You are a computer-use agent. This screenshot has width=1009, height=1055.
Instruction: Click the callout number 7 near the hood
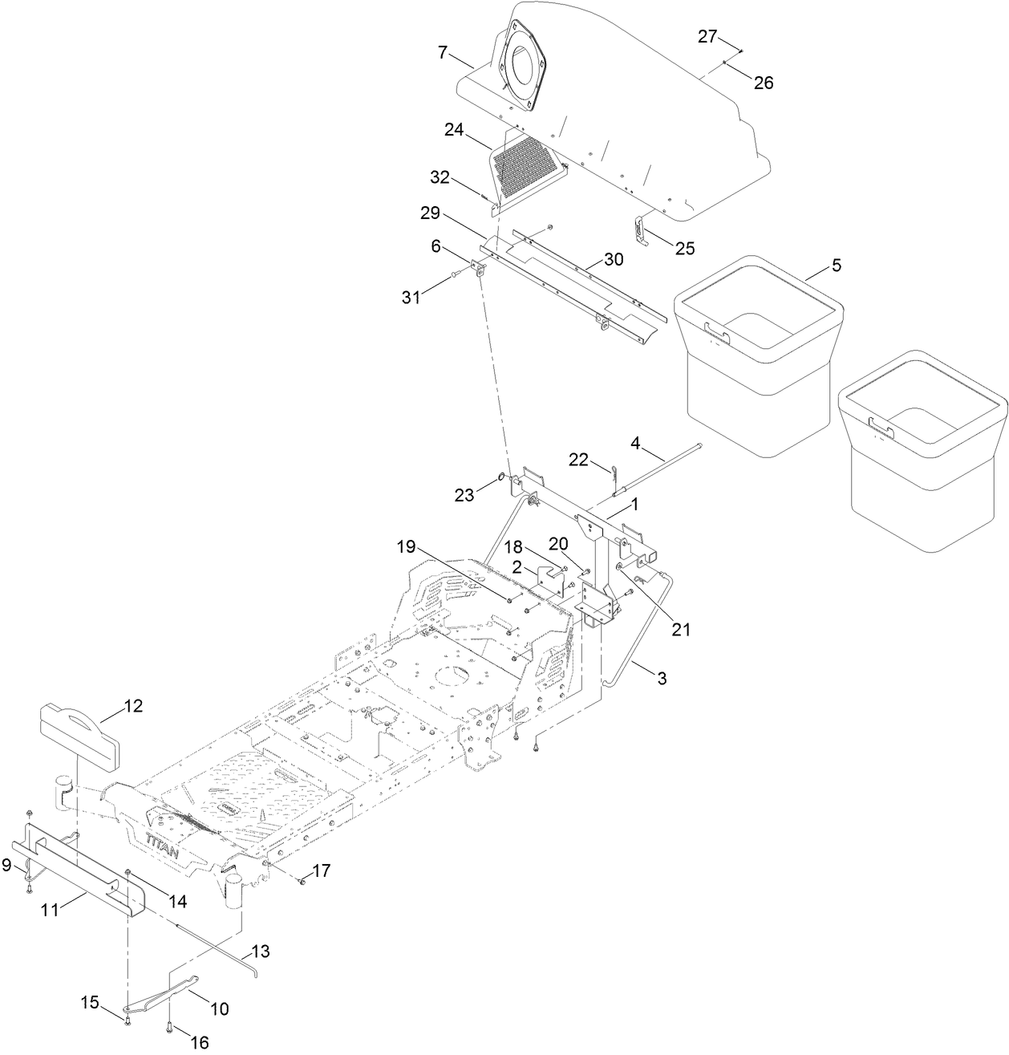tap(442, 53)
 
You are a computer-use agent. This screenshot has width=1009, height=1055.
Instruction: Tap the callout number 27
tap(707, 36)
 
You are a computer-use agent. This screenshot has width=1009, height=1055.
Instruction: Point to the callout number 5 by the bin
tap(836, 266)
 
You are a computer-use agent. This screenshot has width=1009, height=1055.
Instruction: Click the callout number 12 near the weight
tap(132, 706)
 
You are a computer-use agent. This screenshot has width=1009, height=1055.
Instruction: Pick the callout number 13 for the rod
tap(261, 952)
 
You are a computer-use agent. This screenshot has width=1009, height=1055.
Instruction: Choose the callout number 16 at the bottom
tap(199, 1041)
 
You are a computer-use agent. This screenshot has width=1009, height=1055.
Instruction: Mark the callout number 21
tap(680, 630)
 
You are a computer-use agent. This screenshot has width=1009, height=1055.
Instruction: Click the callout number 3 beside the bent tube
tap(662, 678)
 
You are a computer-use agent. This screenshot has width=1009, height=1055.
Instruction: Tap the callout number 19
tap(407, 547)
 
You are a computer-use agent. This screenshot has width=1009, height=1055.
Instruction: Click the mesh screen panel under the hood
tap(525, 165)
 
